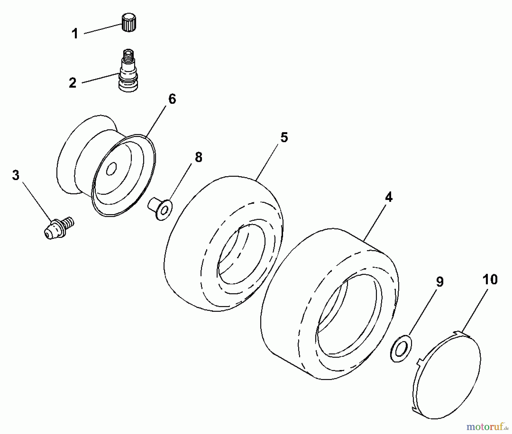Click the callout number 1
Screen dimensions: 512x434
tap(75, 34)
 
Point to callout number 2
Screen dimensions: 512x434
tap(73, 83)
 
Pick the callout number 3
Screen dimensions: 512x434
tap(16, 175)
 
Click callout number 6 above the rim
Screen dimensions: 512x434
tap(172, 99)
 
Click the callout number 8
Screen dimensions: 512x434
tap(198, 157)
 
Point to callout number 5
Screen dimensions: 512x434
tap(284, 137)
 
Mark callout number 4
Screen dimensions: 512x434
tap(389, 197)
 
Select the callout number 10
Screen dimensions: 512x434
tap(490, 280)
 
